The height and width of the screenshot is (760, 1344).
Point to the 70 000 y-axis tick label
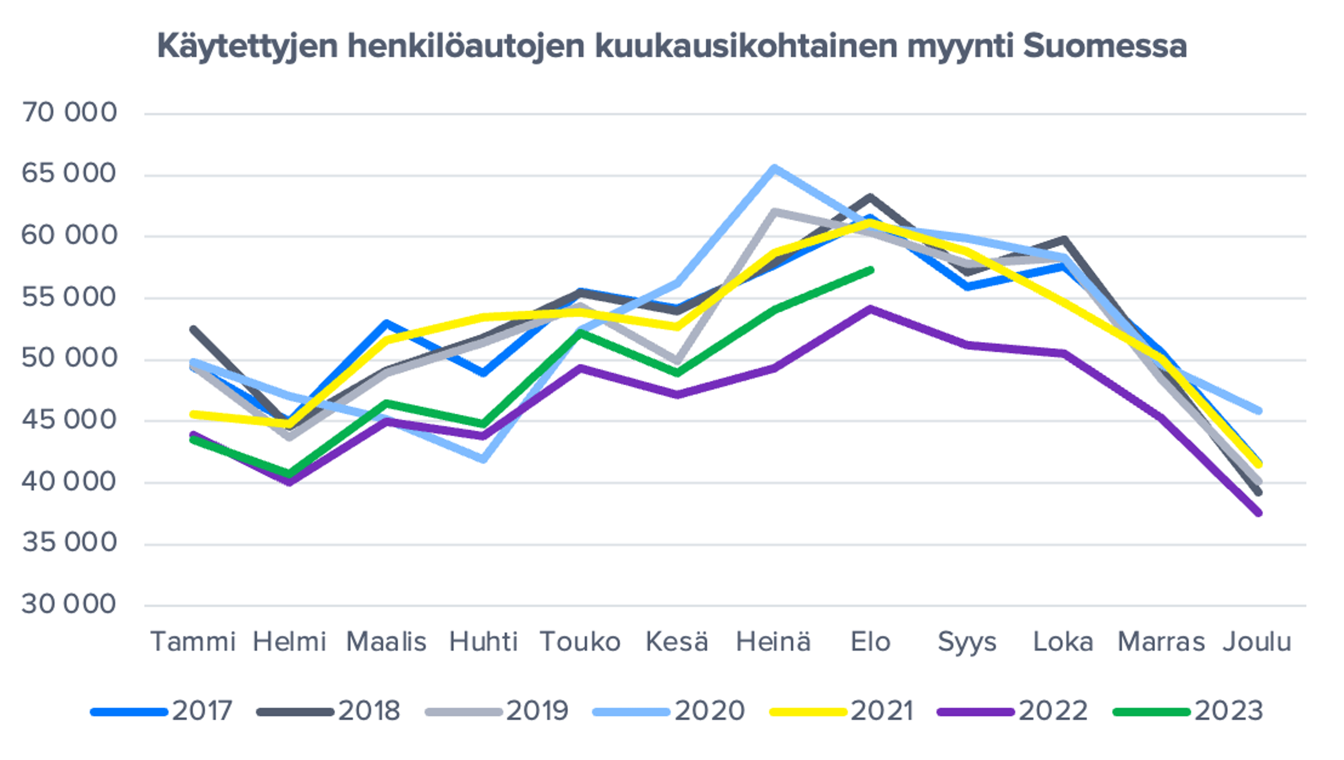click(x=69, y=113)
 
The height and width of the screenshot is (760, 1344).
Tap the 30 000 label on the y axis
click(x=69, y=604)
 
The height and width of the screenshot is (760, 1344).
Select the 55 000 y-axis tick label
click(x=69, y=297)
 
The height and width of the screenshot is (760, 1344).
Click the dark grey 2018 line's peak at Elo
click(x=870, y=198)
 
